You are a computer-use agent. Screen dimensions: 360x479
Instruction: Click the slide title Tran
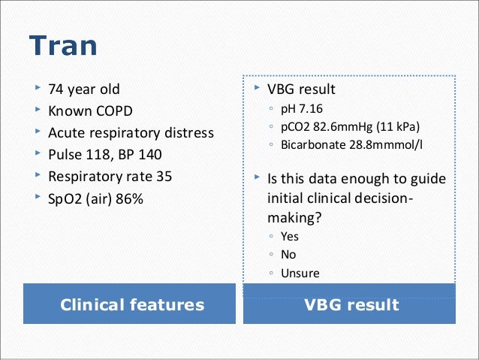63,47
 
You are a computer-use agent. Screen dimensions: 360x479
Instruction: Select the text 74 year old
83,89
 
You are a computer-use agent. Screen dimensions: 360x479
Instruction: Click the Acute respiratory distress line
131,133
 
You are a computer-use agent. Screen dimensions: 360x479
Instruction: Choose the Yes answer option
290,236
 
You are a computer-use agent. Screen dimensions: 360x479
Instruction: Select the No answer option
288,254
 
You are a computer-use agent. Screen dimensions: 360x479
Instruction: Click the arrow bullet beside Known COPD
35,111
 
